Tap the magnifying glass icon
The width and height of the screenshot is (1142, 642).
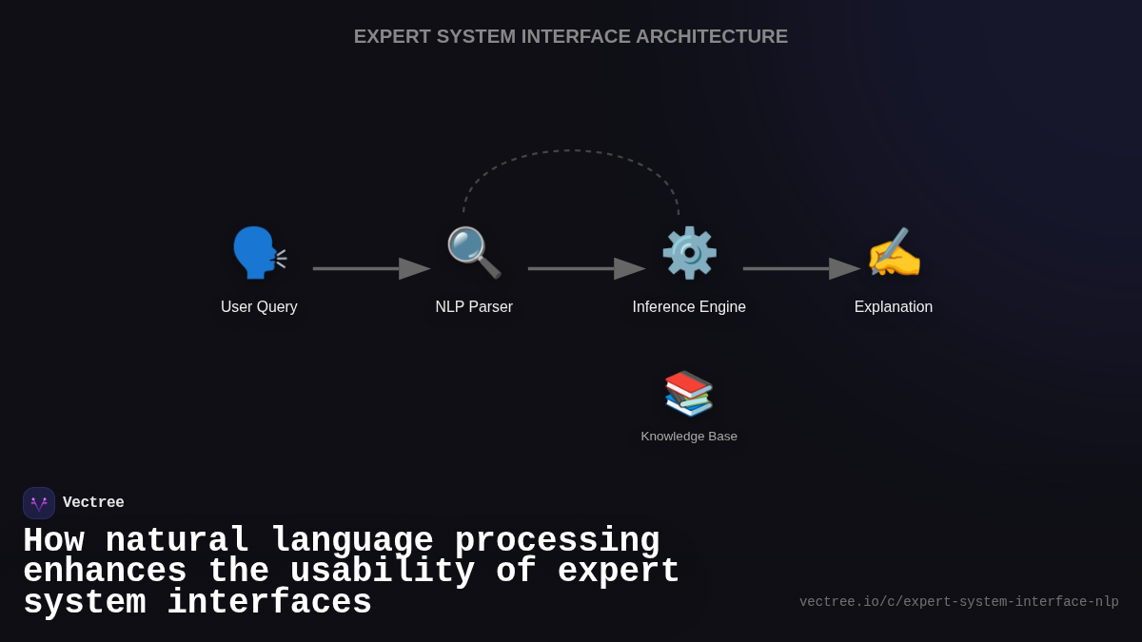pos(473,253)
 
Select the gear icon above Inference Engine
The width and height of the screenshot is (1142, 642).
pos(689,253)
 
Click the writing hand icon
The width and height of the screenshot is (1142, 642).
pos(894,253)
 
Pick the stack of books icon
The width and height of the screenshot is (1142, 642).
pos(689,393)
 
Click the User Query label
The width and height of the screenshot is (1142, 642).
pos(259,307)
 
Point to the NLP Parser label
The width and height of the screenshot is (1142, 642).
pos(474,307)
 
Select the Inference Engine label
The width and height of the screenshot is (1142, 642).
pos(689,307)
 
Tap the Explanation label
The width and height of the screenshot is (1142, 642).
pos(894,307)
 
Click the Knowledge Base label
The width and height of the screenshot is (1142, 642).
pos(689,437)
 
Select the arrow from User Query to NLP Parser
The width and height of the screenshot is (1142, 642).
pos(371,269)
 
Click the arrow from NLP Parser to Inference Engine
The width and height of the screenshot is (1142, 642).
pos(586,269)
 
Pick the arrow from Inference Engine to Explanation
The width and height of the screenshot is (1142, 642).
pos(801,269)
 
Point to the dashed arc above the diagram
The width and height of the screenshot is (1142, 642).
pos(571,150)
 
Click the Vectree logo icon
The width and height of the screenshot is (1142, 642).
pos(39,503)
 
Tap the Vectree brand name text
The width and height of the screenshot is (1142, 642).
pos(93,503)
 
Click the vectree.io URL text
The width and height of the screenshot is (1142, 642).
pos(958,602)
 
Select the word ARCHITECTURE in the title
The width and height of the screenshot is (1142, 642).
pos(712,36)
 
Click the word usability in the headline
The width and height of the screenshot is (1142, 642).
pos(383,572)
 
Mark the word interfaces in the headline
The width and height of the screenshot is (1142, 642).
pos(269,603)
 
